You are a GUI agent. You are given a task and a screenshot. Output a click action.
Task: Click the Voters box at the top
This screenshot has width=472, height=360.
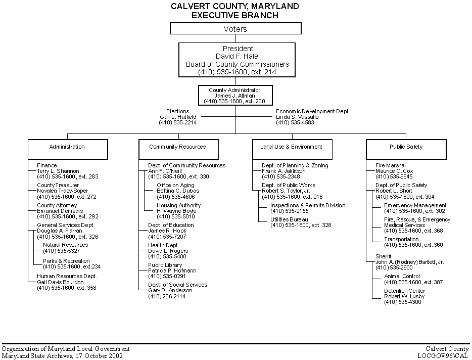pyautogui.click(x=235, y=29)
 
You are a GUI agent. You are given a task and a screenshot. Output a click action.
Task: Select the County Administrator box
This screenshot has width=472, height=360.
pyautogui.click(x=235, y=95)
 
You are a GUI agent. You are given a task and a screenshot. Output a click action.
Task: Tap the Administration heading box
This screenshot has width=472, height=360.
pyautogui.click(x=68, y=149)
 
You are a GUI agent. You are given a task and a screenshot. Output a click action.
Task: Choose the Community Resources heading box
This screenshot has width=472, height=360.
pyautogui.click(x=178, y=149)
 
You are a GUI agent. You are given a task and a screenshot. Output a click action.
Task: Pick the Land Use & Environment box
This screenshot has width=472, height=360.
pyautogui.click(x=292, y=149)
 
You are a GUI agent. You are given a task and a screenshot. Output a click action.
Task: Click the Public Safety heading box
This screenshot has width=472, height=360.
pyautogui.click(x=406, y=149)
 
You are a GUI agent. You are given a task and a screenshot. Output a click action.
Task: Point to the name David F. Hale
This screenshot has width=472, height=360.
pyautogui.click(x=237, y=56)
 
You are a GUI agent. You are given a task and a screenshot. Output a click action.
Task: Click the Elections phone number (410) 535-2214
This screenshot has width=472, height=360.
pyautogui.click(x=177, y=122)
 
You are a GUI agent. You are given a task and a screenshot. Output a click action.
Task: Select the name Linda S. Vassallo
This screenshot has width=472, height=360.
pyautogui.click(x=297, y=117)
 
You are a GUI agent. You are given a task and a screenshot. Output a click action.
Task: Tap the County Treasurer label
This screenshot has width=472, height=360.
pyautogui.click(x=58, y=185)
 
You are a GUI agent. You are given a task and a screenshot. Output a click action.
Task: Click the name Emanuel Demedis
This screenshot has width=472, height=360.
pyautogui.click(x=60, y=211)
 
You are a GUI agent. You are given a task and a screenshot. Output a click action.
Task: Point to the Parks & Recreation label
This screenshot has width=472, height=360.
pyautogui.click(x=66, y=261)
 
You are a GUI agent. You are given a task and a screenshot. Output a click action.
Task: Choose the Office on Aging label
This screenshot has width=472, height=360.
pyautogui.click(x=175, y=185)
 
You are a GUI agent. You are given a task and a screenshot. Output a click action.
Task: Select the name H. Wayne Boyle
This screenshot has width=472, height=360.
pyautogui.click(x=176, y=211)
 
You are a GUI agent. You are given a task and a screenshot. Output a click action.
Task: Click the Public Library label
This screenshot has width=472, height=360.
pyautogui.click(x=165, y=265)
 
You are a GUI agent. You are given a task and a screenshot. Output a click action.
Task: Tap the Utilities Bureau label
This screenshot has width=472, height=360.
pyautogui.click(x=289, y=219)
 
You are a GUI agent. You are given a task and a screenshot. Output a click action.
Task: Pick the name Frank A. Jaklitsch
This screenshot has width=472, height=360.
pyautogui.click(x=284, y=171)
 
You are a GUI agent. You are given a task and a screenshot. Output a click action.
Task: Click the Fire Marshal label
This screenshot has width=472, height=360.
pyautogui.click(x=391, y=165)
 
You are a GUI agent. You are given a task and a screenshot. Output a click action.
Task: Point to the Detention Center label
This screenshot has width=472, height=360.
pyautogui.click(x=404, y=291)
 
